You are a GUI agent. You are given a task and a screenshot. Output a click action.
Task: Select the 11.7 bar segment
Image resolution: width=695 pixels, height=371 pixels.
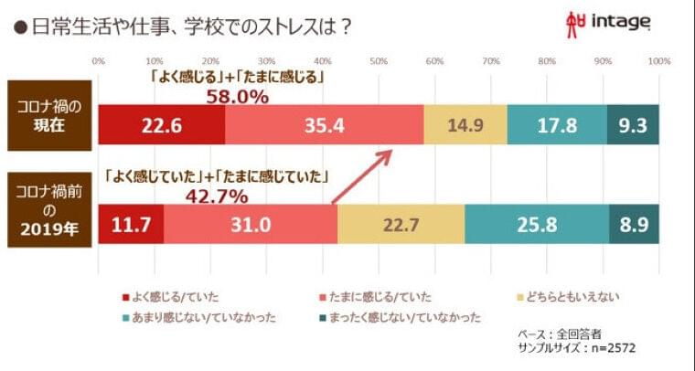[x=131, y=223]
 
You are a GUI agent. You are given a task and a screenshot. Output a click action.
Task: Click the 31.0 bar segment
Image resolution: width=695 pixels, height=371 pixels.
[x=251, y=223]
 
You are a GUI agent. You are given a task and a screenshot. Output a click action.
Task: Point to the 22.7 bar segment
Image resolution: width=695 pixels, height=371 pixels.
[x=401, y=223]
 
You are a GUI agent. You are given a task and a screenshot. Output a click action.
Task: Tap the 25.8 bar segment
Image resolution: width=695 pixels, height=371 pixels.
[x=536, y=223]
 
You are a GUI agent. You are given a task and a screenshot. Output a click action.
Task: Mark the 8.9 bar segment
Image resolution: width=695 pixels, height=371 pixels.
[x=634, y=223]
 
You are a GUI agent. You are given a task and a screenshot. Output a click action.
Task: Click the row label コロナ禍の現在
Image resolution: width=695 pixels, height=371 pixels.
[x=43, y=114]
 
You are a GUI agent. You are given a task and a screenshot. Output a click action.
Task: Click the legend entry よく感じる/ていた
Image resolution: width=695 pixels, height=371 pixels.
[x=179, y=295]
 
